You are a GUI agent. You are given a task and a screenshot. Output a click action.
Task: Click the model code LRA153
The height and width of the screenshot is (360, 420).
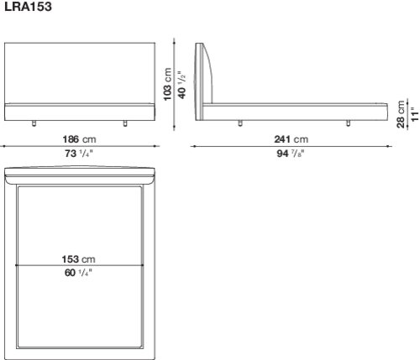(28, 7)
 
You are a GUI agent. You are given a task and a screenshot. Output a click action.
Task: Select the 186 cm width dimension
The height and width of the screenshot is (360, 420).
(79, 139)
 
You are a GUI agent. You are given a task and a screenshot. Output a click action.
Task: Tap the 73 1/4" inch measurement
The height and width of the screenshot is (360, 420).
(79, 154)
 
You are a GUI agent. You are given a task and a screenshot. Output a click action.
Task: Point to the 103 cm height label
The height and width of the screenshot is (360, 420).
(167, 84)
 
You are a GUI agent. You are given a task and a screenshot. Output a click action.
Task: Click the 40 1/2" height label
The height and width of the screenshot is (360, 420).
(181, 85)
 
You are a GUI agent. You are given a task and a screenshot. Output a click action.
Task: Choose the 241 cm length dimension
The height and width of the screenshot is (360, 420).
(291, 139)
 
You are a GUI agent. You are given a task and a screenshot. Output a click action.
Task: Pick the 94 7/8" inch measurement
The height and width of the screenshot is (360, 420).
(291, 154)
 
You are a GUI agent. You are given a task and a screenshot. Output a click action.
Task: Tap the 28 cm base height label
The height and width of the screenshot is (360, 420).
(401, 114)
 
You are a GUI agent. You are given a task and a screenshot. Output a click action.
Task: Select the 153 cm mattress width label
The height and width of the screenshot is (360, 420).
(79, 259)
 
